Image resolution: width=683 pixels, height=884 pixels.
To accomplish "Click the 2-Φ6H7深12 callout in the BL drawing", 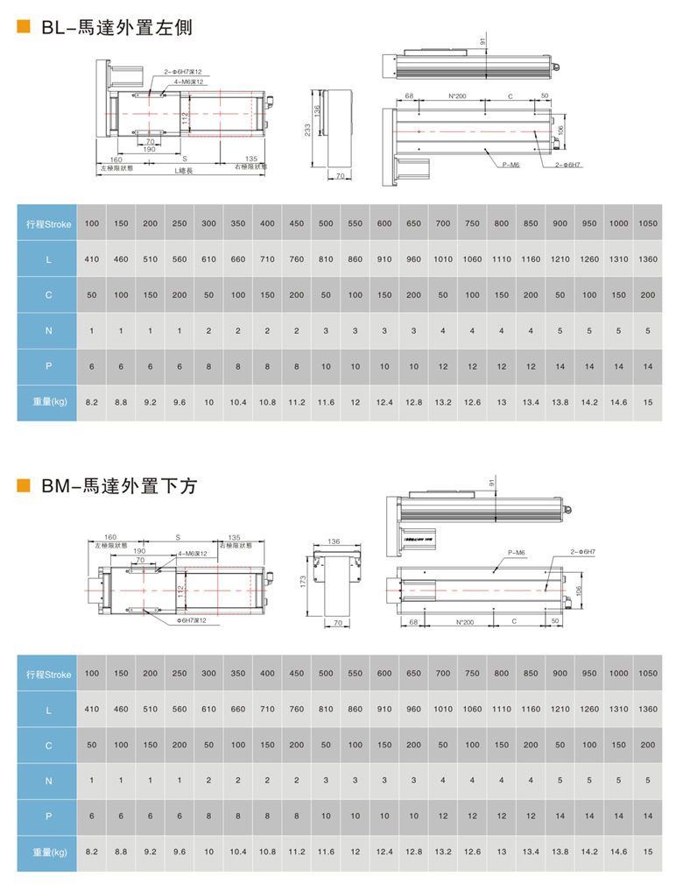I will click(x=182, y=73).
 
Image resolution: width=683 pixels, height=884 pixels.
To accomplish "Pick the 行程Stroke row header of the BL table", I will click(x=49, y=223).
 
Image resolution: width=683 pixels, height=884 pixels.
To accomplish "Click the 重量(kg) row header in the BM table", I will click(x=49, y=851).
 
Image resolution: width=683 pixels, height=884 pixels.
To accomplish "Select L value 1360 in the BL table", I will click(x=648, y=259).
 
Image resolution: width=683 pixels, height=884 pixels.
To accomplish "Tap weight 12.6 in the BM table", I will click(x=472, y=851).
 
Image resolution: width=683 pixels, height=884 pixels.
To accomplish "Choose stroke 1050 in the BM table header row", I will click(x=648, y=674).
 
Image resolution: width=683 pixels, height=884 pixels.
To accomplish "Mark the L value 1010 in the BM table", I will click(x=443, y=709).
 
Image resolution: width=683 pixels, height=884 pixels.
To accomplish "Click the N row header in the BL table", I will click(x=49, y=330).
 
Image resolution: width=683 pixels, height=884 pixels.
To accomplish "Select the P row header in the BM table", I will click(x=49, y=815).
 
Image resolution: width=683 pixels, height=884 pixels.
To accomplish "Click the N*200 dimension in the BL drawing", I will click(x=457, y=95).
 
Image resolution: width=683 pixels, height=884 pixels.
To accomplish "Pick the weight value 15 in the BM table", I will click(x=648, y=851).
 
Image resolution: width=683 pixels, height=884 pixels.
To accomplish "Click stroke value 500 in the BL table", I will click(x=326, y=223).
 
